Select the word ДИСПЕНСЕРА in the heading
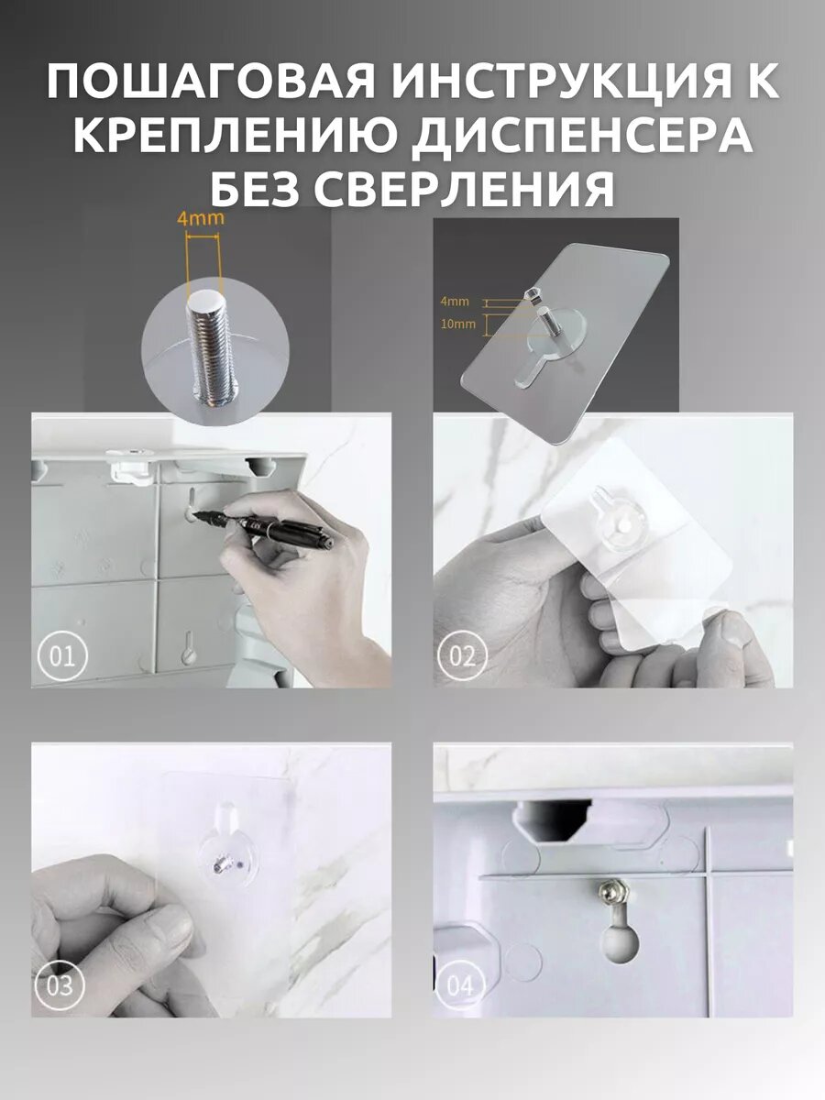pos(581,136)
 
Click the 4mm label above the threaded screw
pos(201,218)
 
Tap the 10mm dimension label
pos(458,324)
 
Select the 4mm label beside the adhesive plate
pos(455,302)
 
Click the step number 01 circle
pos(62,656)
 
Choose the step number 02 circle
pos(463,656)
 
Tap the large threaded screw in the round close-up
pos(212,346)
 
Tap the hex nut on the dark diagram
pos(532,294)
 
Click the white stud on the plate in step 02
pos(623,525)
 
